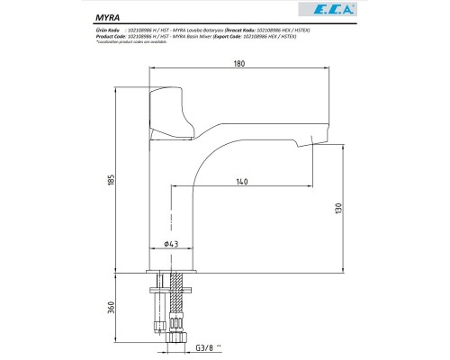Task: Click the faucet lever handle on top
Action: click(175, 116)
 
